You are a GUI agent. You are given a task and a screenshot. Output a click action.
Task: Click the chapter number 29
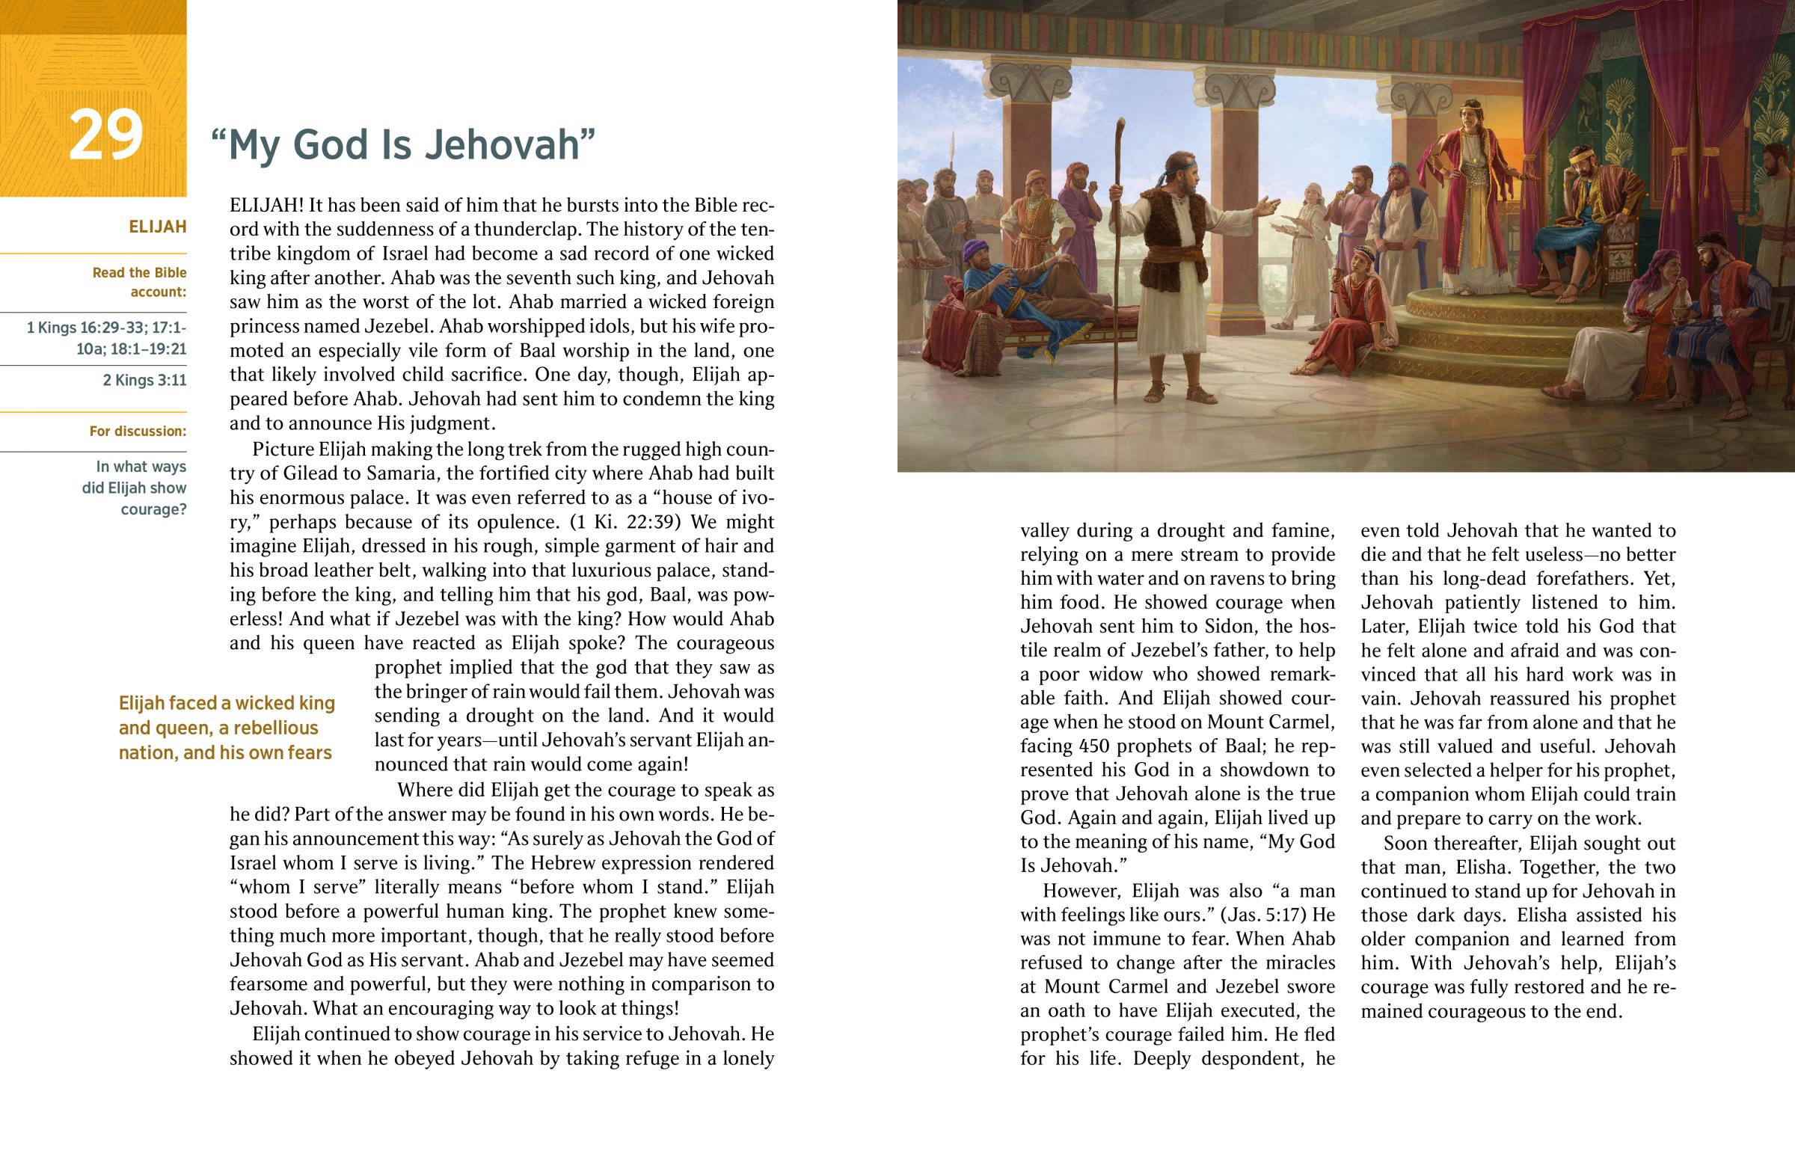point(105,135)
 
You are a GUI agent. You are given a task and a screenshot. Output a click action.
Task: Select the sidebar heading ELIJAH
point(157,227)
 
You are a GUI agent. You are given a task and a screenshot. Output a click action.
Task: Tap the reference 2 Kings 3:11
point(144,380)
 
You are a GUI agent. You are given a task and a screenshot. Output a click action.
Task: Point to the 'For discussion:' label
point(138,431)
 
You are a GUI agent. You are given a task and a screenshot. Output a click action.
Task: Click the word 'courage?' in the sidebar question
point(153,509)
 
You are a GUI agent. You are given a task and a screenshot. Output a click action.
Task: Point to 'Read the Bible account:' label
point(139,282)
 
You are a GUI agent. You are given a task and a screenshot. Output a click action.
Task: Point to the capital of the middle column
point(1238,90)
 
